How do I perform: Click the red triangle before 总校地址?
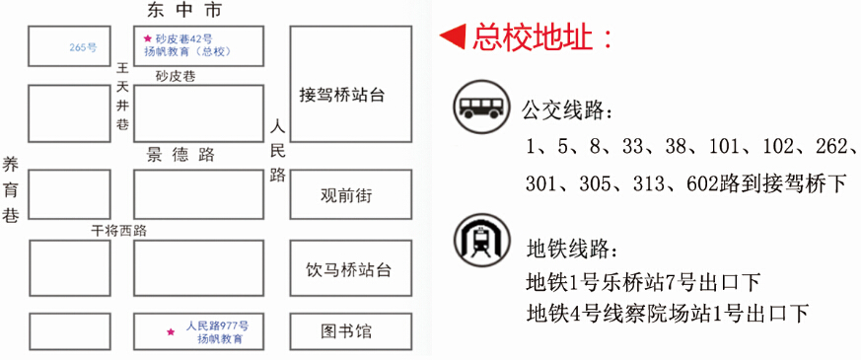(x=453, y=37)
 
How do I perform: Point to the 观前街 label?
(x=345, y=195)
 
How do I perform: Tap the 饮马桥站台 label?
(x=349, y=270)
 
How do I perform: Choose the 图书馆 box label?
(x=346, y=331)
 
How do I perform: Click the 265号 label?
(x=83, y=47)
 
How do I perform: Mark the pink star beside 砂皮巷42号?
(x=147, y=38)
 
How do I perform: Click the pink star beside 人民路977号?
(x=171, y=331)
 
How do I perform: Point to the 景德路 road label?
(x=180, y=155)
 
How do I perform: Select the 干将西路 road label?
(x=118, y=231)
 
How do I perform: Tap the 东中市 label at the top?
(x=184, y=10)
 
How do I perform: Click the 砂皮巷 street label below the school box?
(x=176, y=76)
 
